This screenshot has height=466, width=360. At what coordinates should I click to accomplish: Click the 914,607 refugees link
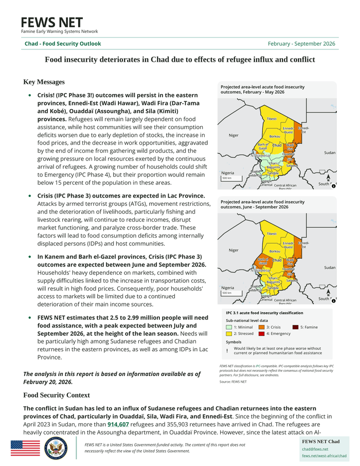pos(118,424)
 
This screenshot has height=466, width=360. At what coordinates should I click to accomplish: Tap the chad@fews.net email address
pos(315,449)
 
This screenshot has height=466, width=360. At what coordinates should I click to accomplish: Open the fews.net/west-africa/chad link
pos(324,456)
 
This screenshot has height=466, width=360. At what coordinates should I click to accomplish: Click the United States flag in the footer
pos(25,448)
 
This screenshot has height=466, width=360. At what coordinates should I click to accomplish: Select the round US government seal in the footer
pos(56,448)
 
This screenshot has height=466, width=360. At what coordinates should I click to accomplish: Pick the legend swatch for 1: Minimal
pos(229,327)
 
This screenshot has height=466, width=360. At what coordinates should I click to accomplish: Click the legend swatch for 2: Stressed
pos(229,333)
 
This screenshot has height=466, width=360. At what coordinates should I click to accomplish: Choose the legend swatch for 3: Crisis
pos(261,327)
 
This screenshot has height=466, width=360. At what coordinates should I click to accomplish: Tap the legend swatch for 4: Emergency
pos(261,333)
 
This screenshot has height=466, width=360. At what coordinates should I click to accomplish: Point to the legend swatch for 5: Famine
pos(295,327)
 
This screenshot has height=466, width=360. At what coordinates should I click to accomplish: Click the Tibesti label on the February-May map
pos(271,119)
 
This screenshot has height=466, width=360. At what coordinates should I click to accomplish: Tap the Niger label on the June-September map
pos(233,250)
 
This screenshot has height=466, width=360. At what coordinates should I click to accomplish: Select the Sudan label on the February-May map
pos(330,153)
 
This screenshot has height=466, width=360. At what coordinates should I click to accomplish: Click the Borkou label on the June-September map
pos(275,252)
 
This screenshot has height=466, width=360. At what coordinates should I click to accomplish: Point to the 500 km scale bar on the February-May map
pos(227,178)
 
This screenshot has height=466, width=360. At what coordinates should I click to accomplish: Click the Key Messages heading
pos(44,82)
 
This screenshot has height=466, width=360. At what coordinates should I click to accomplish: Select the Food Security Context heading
pos(57,395)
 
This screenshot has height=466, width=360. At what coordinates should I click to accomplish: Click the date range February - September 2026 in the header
pos(301,44)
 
